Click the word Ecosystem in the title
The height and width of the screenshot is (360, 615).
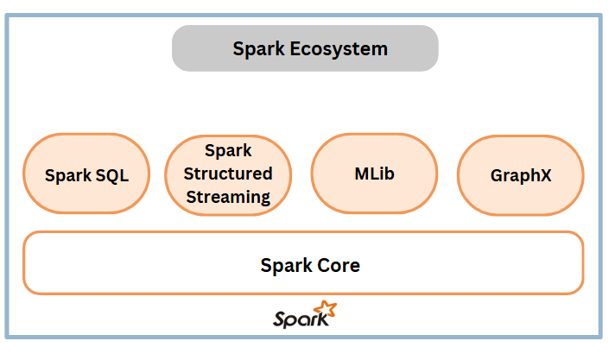[x=339, y=49]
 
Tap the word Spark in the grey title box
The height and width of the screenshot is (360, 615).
[x=259, y=49]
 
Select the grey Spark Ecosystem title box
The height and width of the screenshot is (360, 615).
[x=305, y=48]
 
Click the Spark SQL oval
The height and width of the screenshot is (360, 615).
[x=86, y=174]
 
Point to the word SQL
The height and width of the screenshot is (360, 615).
[x=112, y=175]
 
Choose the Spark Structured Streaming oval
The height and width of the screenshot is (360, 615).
[x=228, y=175]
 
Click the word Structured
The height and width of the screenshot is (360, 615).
[x=228, y=174]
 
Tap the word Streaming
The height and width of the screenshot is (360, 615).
[x=228, y=197]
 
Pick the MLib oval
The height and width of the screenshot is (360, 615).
[x=375, y=174]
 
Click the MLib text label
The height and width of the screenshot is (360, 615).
[x=375, y=174]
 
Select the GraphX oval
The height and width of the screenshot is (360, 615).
[x=521, y=175]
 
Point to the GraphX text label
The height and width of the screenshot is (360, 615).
[x=521, y=176]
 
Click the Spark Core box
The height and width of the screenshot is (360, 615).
[x=303, y=262]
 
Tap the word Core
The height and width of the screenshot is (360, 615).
[x=339, y=266]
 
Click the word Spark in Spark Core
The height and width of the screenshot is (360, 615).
[x=286, y=266]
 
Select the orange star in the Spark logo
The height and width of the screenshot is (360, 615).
[x=326, y=309]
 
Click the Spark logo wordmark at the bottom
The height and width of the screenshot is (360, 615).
[x=301, y=319]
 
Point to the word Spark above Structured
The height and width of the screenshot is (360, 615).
[x=228, y=151]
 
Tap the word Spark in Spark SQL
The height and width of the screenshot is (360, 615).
[x=68, y=176]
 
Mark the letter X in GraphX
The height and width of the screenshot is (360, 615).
[x=546, y=175]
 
